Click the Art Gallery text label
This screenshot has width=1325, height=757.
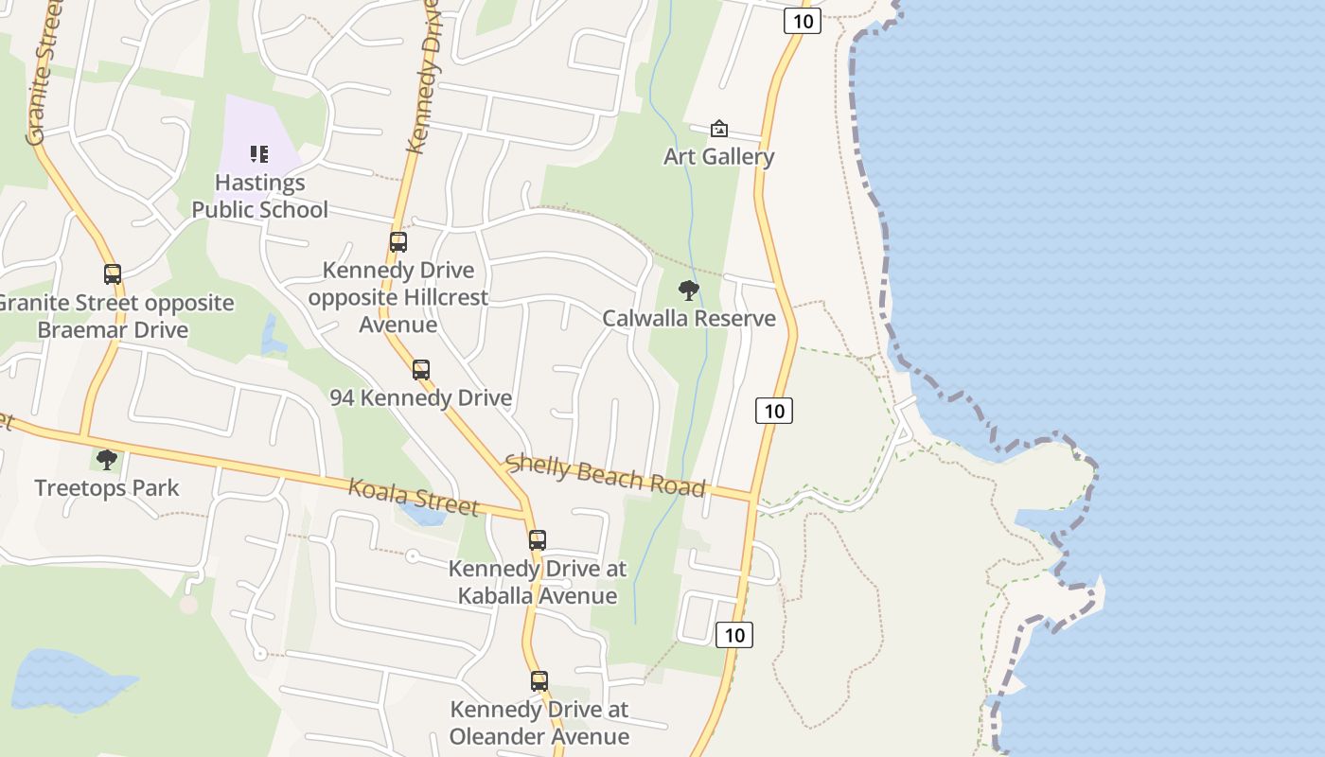pyautogui.click(x=718, y=156)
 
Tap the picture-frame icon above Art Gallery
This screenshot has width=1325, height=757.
pyautogui.click(x=719, y=129)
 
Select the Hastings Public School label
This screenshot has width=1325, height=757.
pyautogui.click(x=259, y=196)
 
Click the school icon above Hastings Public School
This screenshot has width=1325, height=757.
pyautogui.click(x=259, y=153)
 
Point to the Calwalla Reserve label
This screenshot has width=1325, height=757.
pyautogui.click(x=689, y=318)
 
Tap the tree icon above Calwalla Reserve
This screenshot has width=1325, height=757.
pyautogui.click(x=689, y=290)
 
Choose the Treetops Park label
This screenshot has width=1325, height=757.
pyautogui.click(x=107, y=487)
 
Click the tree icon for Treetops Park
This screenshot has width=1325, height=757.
pyautogui.click(x=107, y=460)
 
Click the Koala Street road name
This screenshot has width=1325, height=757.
pyautogui.click(x=414, y=497)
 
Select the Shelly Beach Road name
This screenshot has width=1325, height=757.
pyautogui.click(x=606, y=475)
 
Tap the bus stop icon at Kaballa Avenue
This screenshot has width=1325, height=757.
pyautogui.click(x=538, y=540)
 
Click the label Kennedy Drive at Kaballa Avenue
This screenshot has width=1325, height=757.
pyautogui.click(x=538, y=582)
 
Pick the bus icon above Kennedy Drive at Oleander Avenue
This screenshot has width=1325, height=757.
pyautogui.click(x=539, y=681)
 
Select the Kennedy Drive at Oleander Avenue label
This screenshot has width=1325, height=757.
pyautogui.click(x=539, y=723)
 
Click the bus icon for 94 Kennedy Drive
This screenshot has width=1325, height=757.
pyautogui.click(x=421, y=370)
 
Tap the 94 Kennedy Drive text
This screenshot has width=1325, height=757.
pyautogui.click(x=421, y=397)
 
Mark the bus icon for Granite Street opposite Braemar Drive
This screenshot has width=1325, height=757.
pyautogui.click(x=113, y=274)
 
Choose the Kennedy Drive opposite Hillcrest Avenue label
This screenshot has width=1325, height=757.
pyautogui.click(x=398, y=297)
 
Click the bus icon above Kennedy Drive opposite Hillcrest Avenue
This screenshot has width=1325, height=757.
pyautogui.click(x=398, y=242)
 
